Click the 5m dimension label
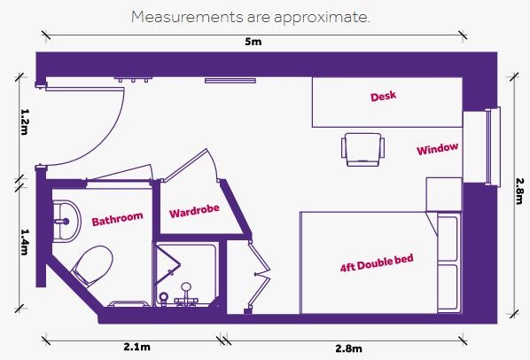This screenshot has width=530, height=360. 253,42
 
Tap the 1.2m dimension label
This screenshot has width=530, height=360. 24,121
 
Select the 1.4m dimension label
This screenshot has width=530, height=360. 24,242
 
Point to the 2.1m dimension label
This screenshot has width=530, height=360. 136,347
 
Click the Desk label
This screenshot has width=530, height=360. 383,97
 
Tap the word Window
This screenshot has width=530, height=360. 438,149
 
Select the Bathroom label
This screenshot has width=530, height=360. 117,219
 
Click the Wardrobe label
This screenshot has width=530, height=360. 194,211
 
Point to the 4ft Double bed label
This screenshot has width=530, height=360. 377,263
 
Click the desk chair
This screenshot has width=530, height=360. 363,149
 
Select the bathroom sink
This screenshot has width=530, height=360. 66,221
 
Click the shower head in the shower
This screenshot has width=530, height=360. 185,287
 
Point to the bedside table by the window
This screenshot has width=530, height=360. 444,194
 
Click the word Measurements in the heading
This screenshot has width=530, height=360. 187,17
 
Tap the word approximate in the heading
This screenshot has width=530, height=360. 322,18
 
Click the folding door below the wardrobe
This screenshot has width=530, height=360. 260,275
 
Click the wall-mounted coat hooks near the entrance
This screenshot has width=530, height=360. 133,80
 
